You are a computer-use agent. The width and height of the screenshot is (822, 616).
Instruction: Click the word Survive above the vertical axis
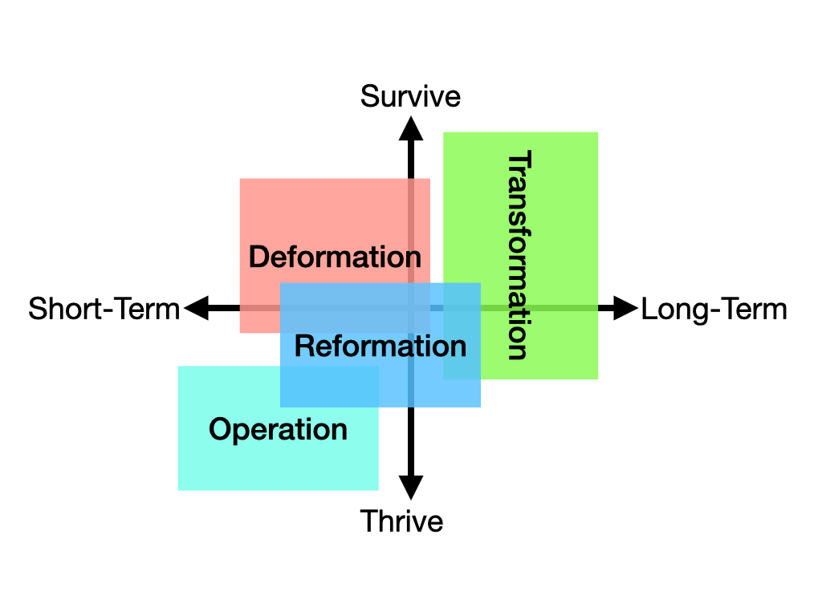click(410, 96)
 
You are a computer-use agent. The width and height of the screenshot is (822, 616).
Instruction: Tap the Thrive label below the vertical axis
click(401, 521)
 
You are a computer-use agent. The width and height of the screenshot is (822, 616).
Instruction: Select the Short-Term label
click(104, 309)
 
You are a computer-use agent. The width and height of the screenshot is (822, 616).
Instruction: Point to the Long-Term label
click(714, 309)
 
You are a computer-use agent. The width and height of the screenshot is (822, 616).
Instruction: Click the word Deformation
click(335, 257)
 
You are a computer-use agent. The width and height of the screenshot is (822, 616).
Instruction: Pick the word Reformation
click(380, 346)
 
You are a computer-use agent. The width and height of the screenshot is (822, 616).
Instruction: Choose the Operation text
click(278, 430)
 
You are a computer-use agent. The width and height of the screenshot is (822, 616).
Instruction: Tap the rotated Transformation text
click(519, 255)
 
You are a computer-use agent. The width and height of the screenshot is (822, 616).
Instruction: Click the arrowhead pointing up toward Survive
click(411, 128)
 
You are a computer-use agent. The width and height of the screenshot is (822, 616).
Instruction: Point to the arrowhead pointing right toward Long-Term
click(625, 308)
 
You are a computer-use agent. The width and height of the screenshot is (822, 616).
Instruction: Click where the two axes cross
click(411, 308)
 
